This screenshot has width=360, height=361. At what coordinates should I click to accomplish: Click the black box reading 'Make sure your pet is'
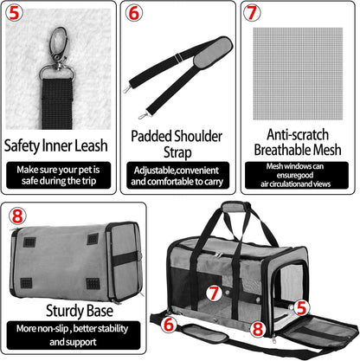pos(58,174)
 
